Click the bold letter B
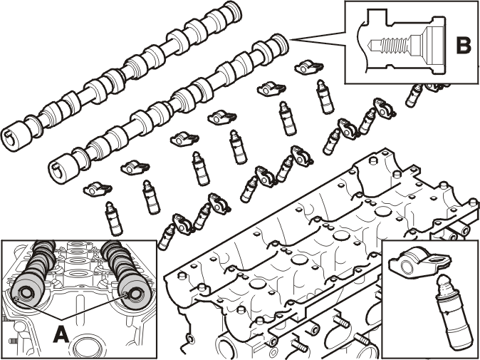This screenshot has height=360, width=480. tap(463, 45)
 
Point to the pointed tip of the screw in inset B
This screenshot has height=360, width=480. tap(370, 46)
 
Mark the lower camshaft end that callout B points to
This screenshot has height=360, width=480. tap(281, 43)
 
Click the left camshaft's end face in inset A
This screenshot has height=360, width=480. tap(26, 292)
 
